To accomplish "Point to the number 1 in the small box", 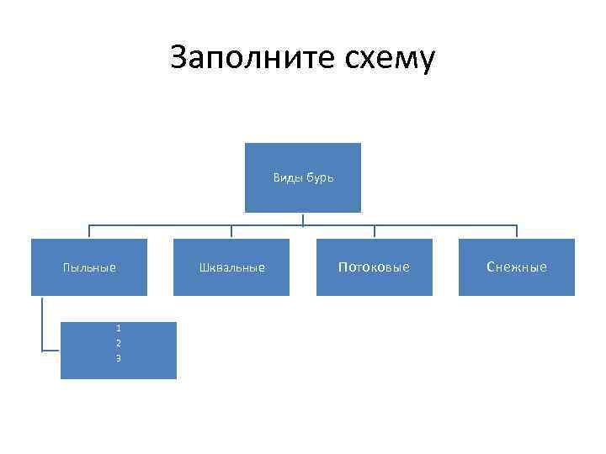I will (x=119, y=329).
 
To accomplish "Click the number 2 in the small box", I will (x=119, y=343).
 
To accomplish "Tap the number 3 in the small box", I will (x=119, y=358).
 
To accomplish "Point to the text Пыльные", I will (x=89, y=267).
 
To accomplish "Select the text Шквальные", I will (x=231, y=267).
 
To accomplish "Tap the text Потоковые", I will (x=374, y=267).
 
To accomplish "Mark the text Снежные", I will (x=516, y=267).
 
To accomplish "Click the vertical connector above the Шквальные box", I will (x=231, y=232).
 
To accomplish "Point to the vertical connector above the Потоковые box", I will (x=374, y=232).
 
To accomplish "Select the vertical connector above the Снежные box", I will (x=517, y=232).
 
